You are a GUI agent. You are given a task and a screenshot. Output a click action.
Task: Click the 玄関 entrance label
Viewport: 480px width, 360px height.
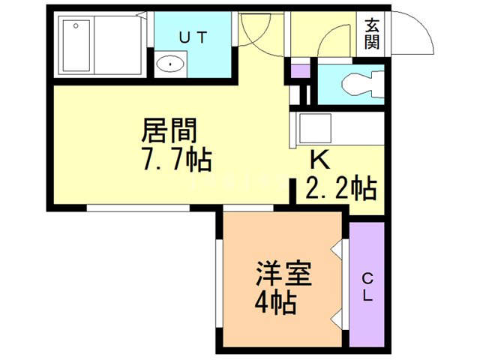372,33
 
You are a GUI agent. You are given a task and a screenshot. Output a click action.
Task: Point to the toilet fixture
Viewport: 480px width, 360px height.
360,84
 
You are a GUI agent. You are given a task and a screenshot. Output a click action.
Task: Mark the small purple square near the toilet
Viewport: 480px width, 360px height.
299,72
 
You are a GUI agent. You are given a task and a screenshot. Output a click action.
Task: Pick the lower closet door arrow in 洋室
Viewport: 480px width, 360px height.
337,318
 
